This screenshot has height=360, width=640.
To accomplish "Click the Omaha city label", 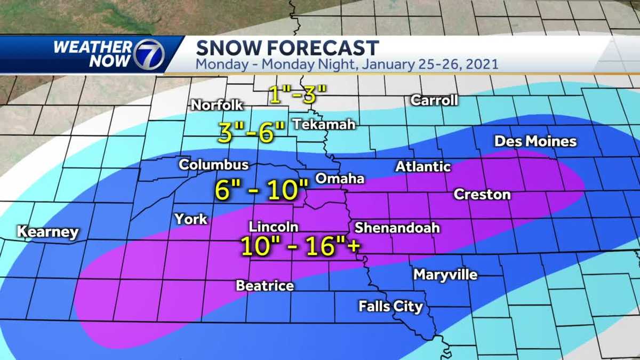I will pyautogui.click(x=340, y=179).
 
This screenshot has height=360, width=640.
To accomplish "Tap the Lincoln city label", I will pyautogui.click(x=273, y=227).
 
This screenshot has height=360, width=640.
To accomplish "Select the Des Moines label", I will pyautogui.click(x=535, y=141).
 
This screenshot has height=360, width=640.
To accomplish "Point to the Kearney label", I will pyautogui.click(x=48, y=232).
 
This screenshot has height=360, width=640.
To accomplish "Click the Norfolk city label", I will pyautogui.click(x=217, y=105).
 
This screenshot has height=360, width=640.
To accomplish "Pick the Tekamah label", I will pyautogui.click(x=323, y=124).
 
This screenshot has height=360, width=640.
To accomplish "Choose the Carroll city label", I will pyautogui.click(x=434, y=100).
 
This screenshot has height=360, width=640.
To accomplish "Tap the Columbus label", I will pyautogui.click(x=213, y=165).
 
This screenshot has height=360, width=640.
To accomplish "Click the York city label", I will pyautogui.click(x=190, y=219).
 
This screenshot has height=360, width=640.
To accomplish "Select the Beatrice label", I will pyautogui.click(x=265, y=286).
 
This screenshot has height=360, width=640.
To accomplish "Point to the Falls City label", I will pyautogui.click(x=390, y=306).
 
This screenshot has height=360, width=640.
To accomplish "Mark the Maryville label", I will pyautogui.click(x=445, y=275).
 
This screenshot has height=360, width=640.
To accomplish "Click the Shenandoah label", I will pyautogui.click(x=397, y=228).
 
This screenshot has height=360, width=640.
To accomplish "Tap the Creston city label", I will pyautogui.click(x=482, y=195).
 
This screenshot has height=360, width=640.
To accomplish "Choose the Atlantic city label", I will pyautogui.click(x=423, y=167).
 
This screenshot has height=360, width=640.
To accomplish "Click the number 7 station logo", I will pyautogui.click(x=149, y=54).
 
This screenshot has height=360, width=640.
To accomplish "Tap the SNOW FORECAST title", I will pyautogui.click(x=287, y=48).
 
